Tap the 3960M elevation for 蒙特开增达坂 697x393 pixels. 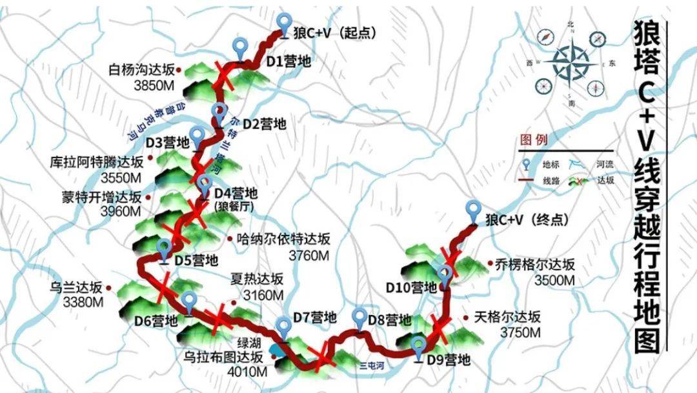pos(121,211)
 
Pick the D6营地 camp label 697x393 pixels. pos(156,320)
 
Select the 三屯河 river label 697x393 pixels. pos(372,365)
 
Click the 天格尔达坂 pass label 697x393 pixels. pos(507,317)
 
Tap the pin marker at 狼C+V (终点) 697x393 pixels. pos(474,212)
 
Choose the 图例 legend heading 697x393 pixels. pos(533,140)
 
